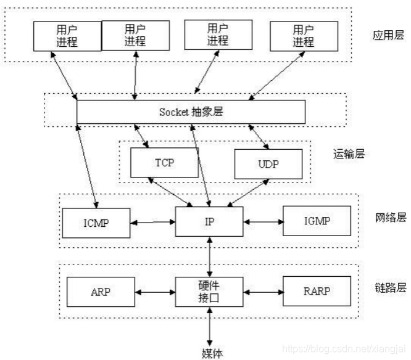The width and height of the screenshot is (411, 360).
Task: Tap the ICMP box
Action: coord(96,223)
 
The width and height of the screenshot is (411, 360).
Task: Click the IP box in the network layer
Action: coord(209,221)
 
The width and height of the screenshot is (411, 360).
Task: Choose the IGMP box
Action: coord(316,221)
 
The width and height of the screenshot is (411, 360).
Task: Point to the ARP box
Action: coord(100,292)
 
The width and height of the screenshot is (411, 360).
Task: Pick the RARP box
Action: coord(316,292)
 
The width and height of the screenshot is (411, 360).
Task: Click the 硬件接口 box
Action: coord(209,292)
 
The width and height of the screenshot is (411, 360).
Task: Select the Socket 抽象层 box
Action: coord(191,112)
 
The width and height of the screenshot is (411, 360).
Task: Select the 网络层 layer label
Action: coord(389,218)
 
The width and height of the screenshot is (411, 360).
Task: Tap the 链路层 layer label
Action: coord(389,288)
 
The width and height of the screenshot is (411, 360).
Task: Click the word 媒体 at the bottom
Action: coord(212,353)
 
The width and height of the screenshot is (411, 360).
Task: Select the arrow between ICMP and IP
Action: coord(152,222)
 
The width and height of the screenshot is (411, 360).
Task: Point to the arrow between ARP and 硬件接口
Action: coord(155,292)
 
